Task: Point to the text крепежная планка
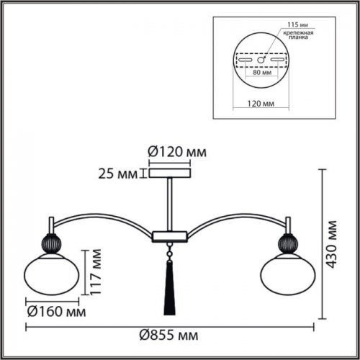[295, 36]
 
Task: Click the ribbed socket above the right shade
[287, 242]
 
